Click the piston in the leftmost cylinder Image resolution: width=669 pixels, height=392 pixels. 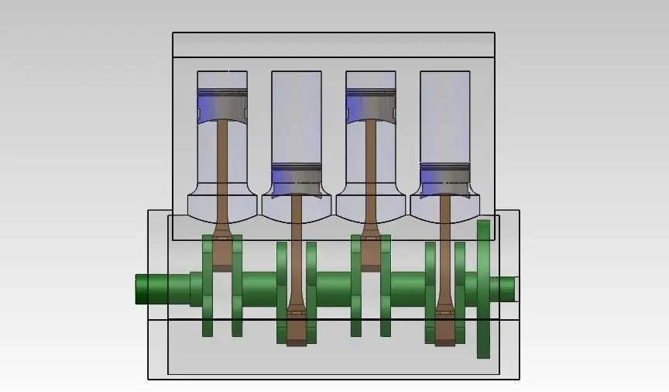click(222, 105)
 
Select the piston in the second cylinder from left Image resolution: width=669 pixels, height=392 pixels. click(297, 178)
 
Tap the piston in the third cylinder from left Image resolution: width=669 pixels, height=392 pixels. click(371, 105)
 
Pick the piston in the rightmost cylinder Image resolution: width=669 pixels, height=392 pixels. click(444, 178)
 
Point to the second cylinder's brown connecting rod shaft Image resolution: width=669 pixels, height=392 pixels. click(297, 248)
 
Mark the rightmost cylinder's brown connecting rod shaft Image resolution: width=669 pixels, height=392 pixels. click(444, 248)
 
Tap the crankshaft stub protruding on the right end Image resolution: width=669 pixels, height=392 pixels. click(506, 289)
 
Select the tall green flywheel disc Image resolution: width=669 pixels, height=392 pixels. click(484, 289)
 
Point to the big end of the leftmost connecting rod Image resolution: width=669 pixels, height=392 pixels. click(222, 252)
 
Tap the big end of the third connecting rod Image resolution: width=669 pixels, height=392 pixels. click(371, 252)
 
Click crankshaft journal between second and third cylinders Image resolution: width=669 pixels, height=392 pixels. click(334, 289)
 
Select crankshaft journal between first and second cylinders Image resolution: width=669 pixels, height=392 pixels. click(259, 289)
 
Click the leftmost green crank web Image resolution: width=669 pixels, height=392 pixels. click(208, 287)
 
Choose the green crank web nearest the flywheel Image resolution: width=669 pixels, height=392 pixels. click(460, 291)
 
